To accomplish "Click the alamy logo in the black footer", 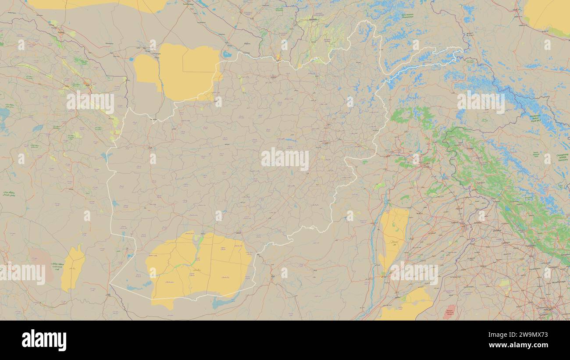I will pyautogui.click(x=44, y=340).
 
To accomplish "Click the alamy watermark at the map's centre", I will pyautogui.click(x=285, y=159).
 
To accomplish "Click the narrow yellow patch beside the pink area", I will pyautogui.click(x=73, y=268).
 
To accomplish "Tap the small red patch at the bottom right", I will pyautogui.click(x=449, y=312).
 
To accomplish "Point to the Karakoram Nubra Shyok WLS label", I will pyautogui.click(x=535, y=119).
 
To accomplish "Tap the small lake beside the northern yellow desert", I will pyautogui.click(x=227, y=54).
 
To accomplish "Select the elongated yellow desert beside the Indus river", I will pyautogui.click(x=393, y=237).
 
